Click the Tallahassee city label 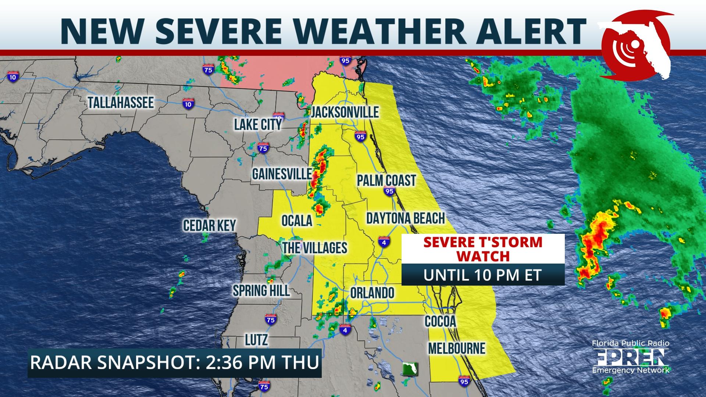point(121,103)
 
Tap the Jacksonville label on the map point(345,112)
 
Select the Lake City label point(258,125)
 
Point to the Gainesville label point(282,174)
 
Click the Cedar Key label point(209,225)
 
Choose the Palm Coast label point(386,180)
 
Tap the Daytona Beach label point(406,218)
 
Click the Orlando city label point(372,293)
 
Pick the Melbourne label point(457,348)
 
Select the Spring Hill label point(261,291)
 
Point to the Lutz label point(256,340)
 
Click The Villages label point(315,248)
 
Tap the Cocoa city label point(440,321)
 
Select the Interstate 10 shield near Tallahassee point(188,104)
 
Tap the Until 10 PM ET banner point(483,275)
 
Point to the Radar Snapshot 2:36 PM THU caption point(175,363)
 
